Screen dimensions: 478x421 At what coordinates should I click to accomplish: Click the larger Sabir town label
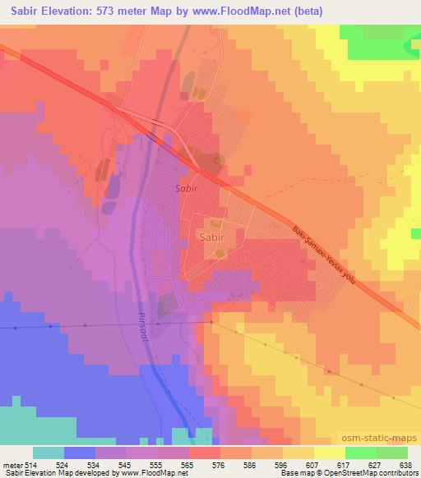(211, 237)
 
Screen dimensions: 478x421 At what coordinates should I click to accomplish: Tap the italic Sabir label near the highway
(187, 188)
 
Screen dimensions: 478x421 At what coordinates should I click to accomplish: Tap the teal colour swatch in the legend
(48, 453)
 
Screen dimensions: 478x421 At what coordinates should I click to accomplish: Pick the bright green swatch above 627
(360, 453)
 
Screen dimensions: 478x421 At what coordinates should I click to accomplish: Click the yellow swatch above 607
(298, 453)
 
